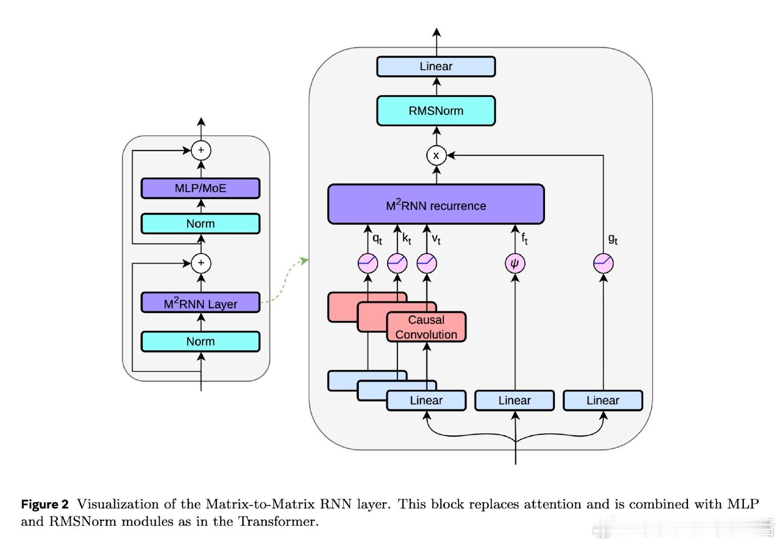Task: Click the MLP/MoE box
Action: (200, 188)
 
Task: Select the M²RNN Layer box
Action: (200, 303)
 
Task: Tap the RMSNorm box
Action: (436, 111)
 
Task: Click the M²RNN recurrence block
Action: (436, 204)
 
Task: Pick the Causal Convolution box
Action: (426, 327)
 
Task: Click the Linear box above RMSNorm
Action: (436, 66)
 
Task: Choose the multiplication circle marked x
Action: (436, 155)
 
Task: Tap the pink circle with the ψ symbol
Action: (515, 263)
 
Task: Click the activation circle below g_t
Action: (603, 263)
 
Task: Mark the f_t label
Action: (524, 238)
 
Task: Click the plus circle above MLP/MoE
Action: (201, 150)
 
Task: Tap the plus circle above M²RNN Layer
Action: (201, 263)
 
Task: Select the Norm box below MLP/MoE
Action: (200, 223)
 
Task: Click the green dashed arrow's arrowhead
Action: (304, 260)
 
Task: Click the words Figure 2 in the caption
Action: (44, 504)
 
